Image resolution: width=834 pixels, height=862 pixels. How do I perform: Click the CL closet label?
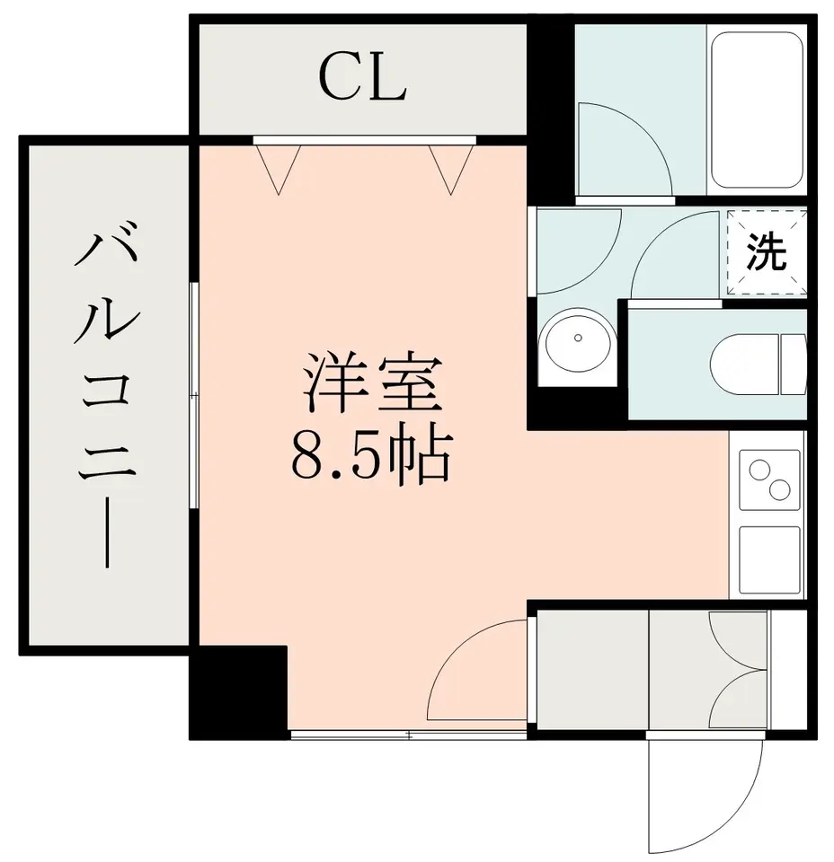(361, 78)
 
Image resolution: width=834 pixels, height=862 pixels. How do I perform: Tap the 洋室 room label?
(373, 383)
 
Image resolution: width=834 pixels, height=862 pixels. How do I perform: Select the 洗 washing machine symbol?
(767, 253)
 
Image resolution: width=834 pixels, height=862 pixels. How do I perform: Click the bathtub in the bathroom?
(758, 110)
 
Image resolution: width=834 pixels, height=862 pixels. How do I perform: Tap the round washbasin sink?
(577, 339)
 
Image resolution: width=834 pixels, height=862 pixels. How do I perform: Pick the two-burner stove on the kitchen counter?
(769, 479)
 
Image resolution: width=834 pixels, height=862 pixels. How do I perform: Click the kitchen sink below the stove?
(769, 559)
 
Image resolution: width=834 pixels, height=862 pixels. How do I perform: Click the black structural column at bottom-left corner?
(238, 692)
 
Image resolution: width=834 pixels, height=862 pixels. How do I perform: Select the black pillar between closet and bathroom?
(551, 110)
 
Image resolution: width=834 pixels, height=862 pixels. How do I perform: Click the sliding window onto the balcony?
(193, 395)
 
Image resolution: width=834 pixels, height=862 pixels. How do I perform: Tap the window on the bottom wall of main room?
(408, 735)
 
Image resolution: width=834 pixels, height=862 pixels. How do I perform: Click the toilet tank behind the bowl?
(793, 364)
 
